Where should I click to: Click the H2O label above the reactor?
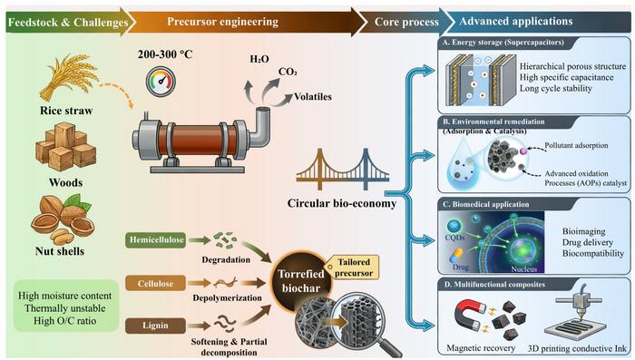pyautogui.click(x=260, y=58)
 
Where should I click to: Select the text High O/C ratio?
pyautogui.click(x=64, y=322)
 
